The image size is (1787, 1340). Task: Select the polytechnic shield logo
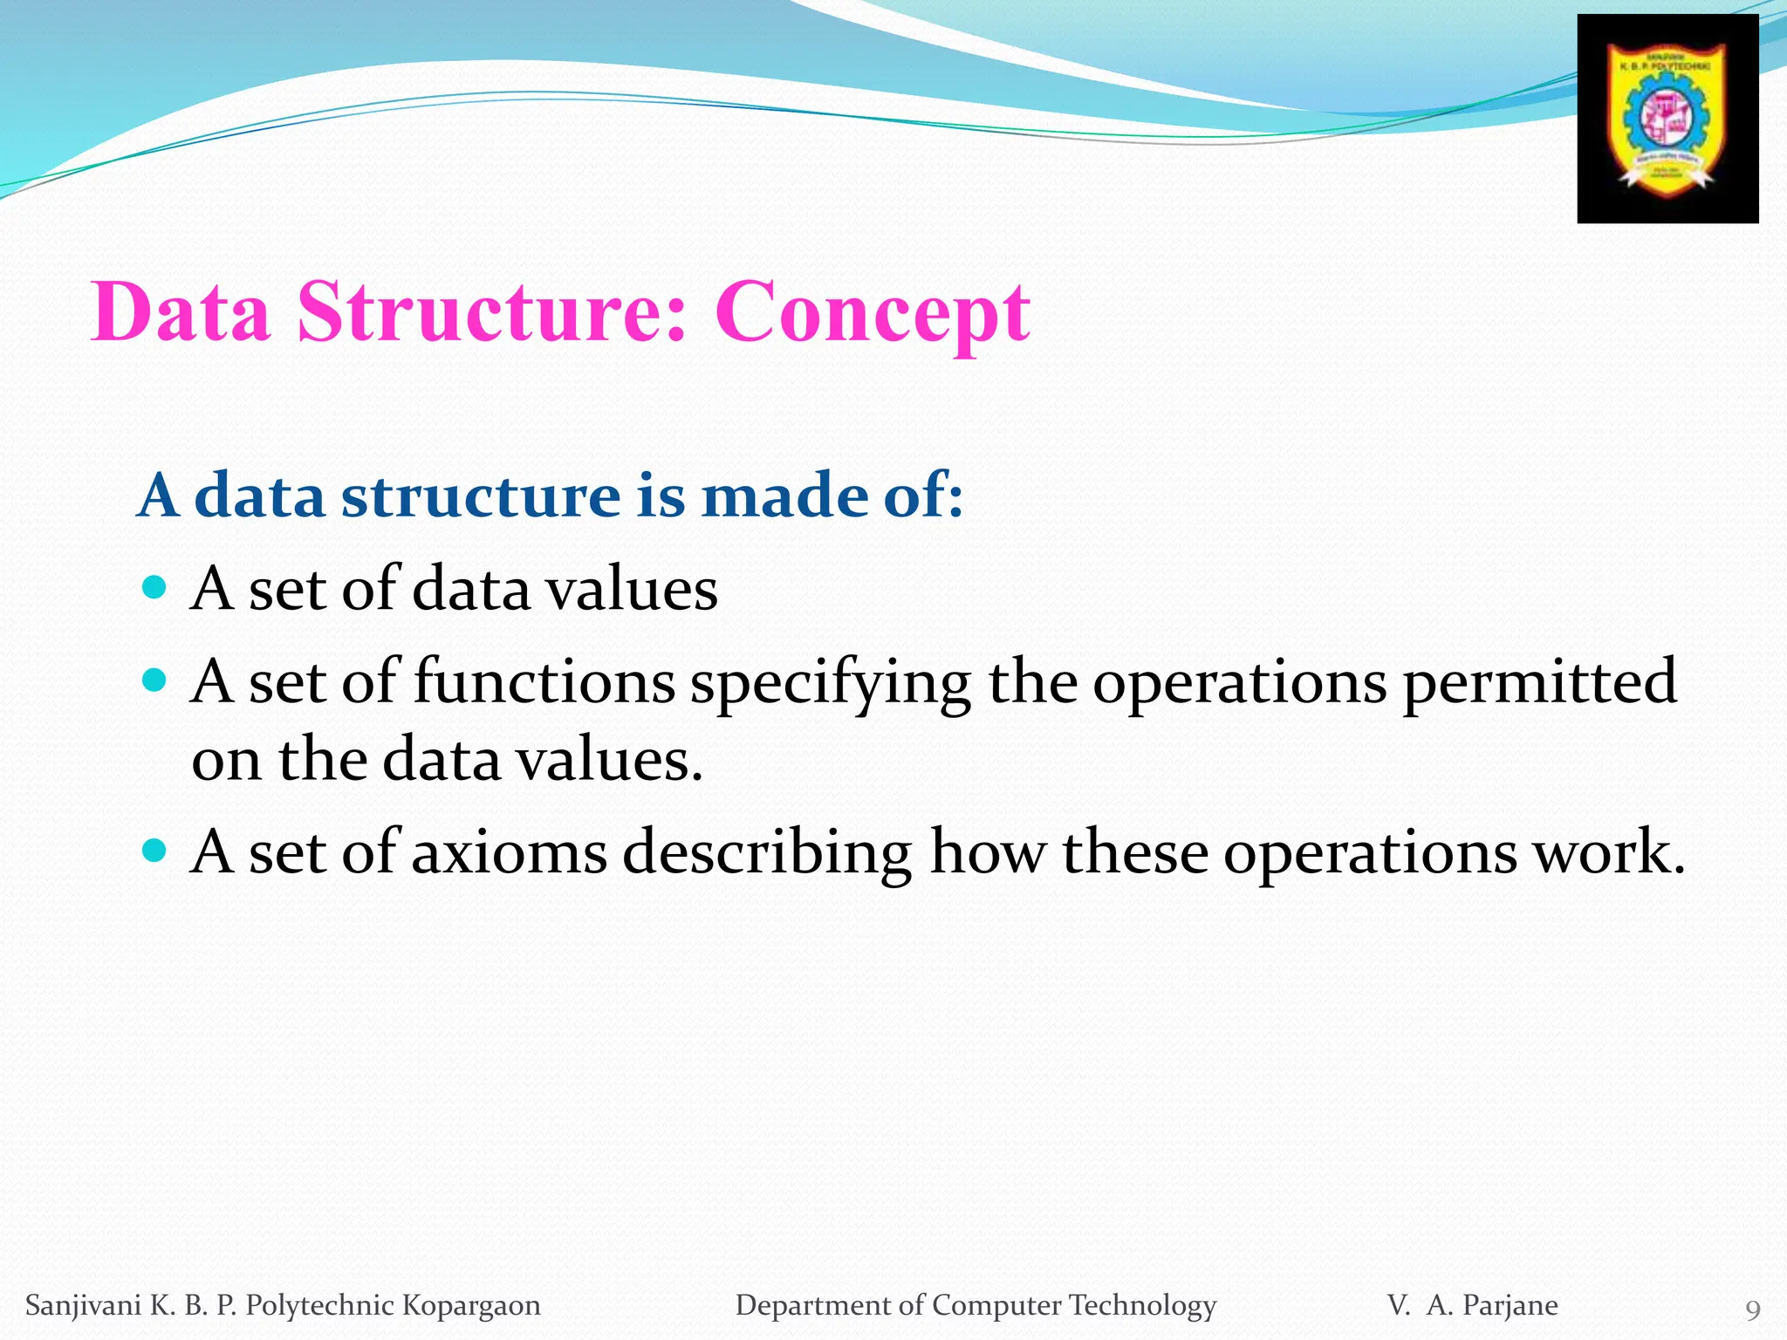click(x=1667, y=120)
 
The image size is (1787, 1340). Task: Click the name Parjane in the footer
click(x=1510, y=1305)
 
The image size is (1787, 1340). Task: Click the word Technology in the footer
click(x=1142, y=1306)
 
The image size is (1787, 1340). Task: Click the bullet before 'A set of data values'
click(x=154, y=587)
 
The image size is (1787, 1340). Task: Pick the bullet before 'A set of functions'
click(x=154, y=680)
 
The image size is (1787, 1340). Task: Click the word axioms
click(x=509, y=852)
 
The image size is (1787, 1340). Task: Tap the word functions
click(x=544, y=681)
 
